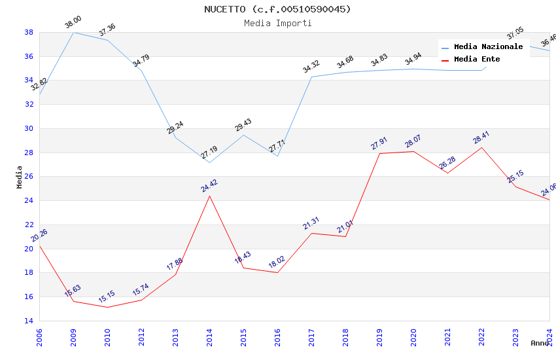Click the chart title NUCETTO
click(277, 9)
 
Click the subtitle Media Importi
click(277, 24)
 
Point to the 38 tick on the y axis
click(29, 32)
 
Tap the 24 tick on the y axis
click(29, 201)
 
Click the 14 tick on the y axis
click(29, 321)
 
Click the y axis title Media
click(20, 177)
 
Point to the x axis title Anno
click(540, 343)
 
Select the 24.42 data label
click(209, 186)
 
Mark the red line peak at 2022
click(482, 147)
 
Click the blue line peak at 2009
click(74, 32)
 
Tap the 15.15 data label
click(107, 297)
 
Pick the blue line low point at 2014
click(210, 162)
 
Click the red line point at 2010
click(108, 307)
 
